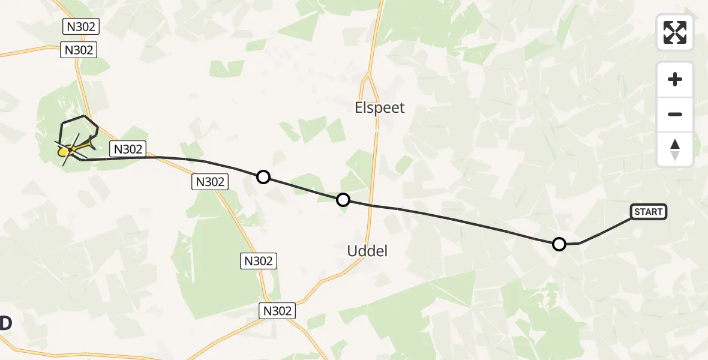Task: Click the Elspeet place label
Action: (x=380, y=108)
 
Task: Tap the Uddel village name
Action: (x=367, y=251)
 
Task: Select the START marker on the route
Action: (x=648, y=211)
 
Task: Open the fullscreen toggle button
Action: (x=675, y=32)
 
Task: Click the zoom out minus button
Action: (x=675, y=114)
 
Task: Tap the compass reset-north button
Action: (x=675, y=149)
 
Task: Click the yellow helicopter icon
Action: (x=75, y=148)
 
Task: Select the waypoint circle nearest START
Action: (x=559, y=244)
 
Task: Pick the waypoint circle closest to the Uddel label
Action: (x=343, y=200)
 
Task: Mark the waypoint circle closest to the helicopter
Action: (x=263, y=176)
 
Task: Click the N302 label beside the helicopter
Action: (x=128, y=149)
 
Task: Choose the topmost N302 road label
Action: (x=80, y=26)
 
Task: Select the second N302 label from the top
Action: (x=79, y=50)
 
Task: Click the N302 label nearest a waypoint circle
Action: (x=210, y=181)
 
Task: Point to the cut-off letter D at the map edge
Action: (x=5, y=323)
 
